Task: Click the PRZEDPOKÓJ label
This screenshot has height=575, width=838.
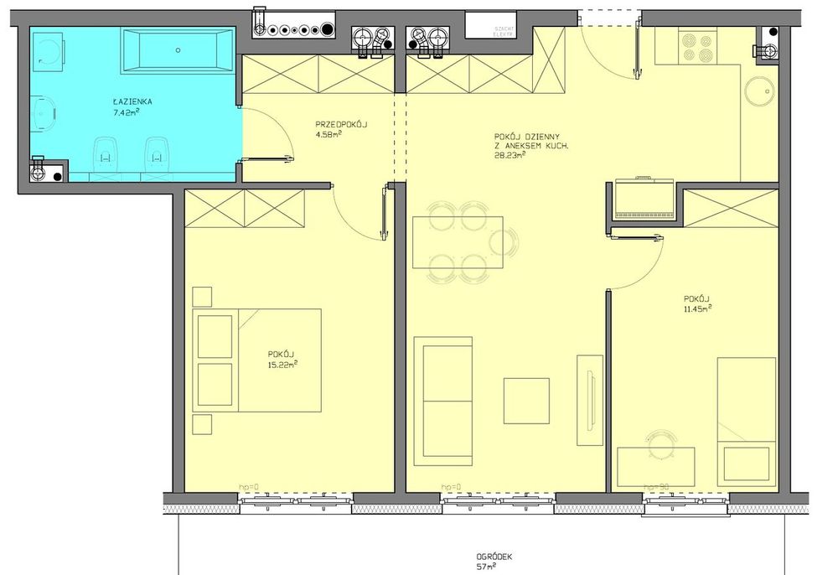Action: click(x=341, y=124)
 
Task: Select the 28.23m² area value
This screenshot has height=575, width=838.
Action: click(x=510, y=155)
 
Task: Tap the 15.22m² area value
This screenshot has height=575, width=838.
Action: click(x=282, y=365)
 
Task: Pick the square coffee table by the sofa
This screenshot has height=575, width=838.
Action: click(x=526, y=401)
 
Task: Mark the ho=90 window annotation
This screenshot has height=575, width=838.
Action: click(x=654, y=486)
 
